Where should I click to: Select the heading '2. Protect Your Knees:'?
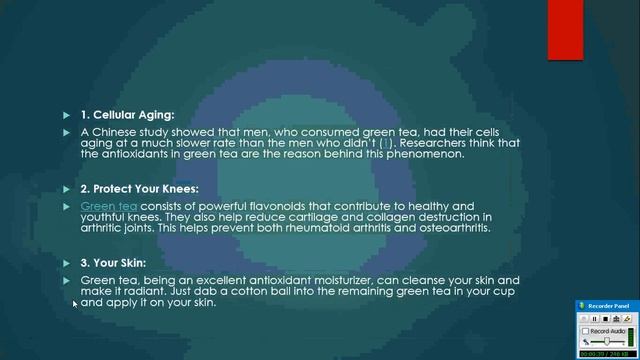click(x=139, y=188)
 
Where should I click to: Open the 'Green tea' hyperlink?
click(x=109, y=206)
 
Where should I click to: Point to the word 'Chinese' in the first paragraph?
click(x=117, y=132)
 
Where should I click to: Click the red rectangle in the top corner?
click(x=565, y=30)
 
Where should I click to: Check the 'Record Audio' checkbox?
click(x=586, y=330)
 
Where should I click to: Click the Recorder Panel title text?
click(x=609, y=305)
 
